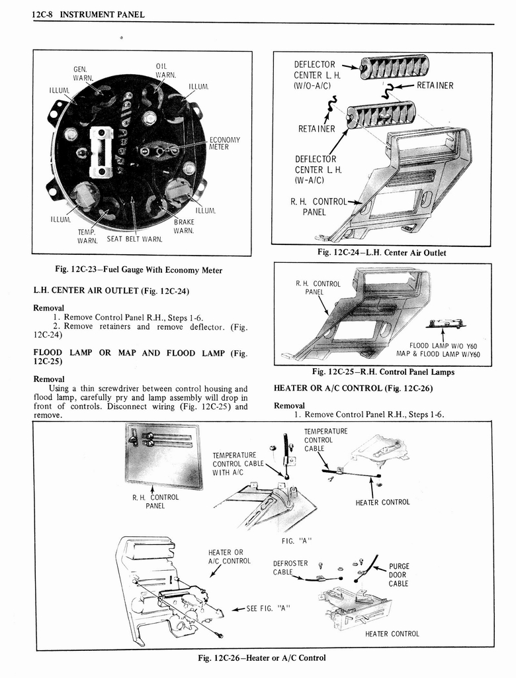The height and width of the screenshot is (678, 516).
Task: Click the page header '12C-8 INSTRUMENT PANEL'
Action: (88, 15)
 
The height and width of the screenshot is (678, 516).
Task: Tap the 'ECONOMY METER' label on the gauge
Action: (224, 143)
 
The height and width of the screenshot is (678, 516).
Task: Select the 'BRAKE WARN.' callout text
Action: (184, 226)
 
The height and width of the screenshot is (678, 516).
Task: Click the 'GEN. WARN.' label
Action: (83, 72)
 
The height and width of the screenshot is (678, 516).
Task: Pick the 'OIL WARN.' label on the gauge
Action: (163, 70)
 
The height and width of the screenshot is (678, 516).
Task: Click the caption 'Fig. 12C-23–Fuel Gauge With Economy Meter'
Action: (138, 269)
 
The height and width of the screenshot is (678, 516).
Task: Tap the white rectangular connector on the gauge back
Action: (101, 152)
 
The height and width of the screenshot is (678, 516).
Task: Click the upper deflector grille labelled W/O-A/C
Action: (395, 67)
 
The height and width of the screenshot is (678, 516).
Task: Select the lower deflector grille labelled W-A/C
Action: (382, 115)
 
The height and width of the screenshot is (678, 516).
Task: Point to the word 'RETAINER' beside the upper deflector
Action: (434, 85)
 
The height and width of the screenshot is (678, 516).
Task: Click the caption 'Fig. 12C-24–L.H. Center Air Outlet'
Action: (382, 252)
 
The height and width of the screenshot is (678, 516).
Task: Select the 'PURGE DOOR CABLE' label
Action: (398, 575)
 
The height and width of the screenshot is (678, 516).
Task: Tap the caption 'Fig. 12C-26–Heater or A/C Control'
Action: (262, 657)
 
